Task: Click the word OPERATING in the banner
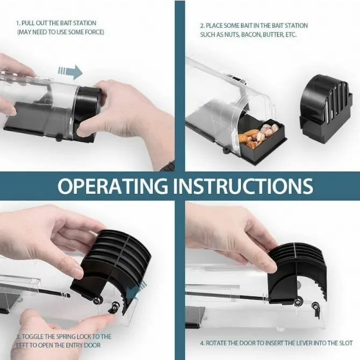113,185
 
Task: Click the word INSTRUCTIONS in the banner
243,185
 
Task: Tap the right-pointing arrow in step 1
70,72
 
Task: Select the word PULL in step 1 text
28,23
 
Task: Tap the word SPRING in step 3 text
64,337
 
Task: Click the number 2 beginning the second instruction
201,26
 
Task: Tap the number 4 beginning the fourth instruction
202,343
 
